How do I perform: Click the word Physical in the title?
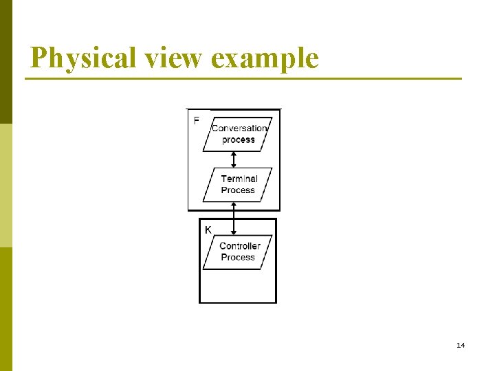[x=84, y=59]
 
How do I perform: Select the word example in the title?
[x=265, y=59]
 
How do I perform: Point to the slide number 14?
[x=461, y=345]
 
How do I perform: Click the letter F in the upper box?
[x=197, y=120]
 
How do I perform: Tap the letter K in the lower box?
[x=208, y=230]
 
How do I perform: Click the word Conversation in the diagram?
[x=239, y=128]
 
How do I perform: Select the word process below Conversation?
[x=239, y=139]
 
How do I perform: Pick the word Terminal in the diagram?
[x=239, y=179]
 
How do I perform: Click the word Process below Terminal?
[x=238, y=190]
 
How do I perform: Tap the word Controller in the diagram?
[x=240, y=246]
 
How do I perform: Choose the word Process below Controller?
[x=238, y=257]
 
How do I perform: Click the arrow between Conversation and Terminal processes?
[x=234, y=159]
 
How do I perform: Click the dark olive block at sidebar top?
[x=5, y=62]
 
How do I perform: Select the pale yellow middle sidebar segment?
[x=5, y=185]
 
